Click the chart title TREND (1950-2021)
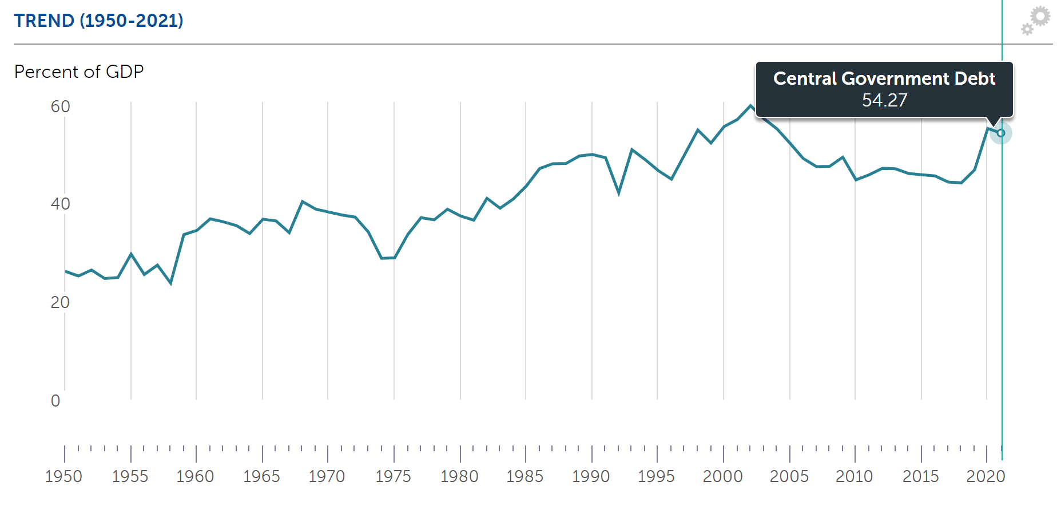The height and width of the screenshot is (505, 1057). coord(98,21)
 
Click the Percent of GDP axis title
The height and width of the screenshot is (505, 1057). coord(79,72)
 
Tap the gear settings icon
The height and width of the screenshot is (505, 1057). coord(1036,21)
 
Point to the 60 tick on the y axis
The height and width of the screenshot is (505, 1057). coord(60,106)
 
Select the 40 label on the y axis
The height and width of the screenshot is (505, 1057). coord(60,204)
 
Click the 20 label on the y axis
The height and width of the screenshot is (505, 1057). coord(60,302)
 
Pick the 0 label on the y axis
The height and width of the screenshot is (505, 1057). coord(55,401)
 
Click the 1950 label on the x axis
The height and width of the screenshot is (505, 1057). coord(63,476)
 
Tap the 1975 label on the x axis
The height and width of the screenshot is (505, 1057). coord(393,476)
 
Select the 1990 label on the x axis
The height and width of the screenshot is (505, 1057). coord(591,476)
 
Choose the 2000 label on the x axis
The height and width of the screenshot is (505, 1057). coord(722,476)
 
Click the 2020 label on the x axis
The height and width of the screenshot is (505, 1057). coord(986,476)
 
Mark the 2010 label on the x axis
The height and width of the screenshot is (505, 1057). coord(854,476)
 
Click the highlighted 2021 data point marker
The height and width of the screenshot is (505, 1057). coord(1001,133)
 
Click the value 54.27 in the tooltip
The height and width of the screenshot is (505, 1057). coord(884,100)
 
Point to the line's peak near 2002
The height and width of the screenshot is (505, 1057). coord(750,106)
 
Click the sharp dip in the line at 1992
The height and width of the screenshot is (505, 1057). coord(619,193)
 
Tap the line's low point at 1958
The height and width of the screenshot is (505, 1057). coord(171,283)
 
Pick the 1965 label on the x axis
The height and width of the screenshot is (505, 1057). coord(261,476)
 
